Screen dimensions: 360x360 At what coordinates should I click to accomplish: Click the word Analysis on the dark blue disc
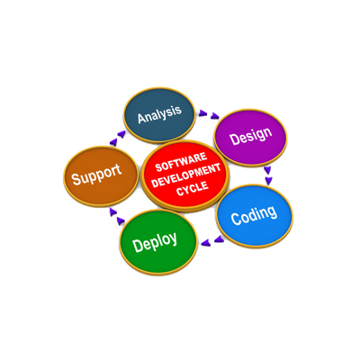159,114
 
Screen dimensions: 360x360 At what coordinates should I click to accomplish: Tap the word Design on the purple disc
250,137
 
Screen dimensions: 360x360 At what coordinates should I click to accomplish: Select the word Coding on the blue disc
254,215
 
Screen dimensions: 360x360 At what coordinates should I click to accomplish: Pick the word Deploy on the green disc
155,242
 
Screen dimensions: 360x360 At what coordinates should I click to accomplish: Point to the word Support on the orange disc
96,175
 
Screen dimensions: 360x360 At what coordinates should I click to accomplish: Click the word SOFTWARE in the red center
181,162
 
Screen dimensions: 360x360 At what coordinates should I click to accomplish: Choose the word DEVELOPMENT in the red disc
186,175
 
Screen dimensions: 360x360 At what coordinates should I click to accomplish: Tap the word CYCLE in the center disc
193,188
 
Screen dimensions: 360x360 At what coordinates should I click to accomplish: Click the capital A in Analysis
141,118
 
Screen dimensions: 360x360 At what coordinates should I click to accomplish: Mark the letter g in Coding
271,212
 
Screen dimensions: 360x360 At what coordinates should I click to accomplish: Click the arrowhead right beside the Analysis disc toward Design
203,112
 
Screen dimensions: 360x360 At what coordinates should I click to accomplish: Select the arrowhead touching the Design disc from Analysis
215,116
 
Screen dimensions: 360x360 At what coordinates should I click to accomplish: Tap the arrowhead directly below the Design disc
267,170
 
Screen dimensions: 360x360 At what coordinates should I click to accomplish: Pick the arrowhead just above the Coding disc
269,181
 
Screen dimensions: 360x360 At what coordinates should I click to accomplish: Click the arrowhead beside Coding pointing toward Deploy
219,239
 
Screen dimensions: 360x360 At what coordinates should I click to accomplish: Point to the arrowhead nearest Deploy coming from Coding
205,242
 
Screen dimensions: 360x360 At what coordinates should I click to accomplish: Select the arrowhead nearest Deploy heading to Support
121,221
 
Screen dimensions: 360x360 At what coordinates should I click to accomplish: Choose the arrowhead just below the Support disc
112,212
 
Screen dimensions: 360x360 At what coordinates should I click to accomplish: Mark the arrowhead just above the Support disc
113,142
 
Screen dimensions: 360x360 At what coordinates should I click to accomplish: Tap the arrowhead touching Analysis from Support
121,134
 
